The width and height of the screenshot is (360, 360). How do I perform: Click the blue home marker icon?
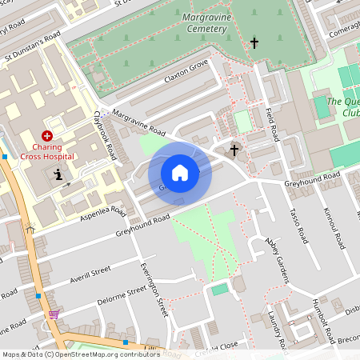tap(180, 173)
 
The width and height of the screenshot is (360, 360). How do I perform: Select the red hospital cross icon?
tap(47, 137)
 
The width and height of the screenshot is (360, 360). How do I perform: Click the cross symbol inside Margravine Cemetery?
tap(255, 43)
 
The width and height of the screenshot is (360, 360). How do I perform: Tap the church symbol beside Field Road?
tap(234, 149)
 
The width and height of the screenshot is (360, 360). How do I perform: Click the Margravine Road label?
tap(138, 122)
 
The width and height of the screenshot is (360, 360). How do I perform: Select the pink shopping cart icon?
tap(54, 314)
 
